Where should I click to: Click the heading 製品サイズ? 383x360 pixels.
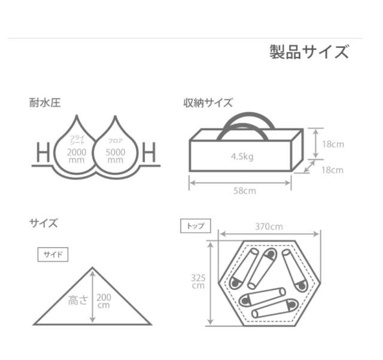(309, 52)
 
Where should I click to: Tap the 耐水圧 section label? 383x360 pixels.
(45, 102)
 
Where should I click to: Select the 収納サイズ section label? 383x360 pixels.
(208, 103)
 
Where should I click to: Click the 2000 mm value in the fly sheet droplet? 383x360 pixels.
(77, 156)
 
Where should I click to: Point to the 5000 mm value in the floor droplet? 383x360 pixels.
(115, 156)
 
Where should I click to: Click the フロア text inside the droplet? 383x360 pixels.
(115, 141)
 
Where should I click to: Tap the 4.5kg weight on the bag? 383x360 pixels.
(242, 157)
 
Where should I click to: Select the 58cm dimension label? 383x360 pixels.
(245, 191)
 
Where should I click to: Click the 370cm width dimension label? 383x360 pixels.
(269, 227)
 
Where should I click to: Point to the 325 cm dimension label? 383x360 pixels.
(198, 282)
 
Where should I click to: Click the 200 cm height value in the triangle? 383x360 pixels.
(104, 301)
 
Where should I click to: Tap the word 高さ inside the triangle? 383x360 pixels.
(78, 300)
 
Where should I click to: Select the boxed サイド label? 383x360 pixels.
(53, 255)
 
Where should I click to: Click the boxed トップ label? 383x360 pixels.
(196, 226)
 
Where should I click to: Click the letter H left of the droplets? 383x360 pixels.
(43, 152)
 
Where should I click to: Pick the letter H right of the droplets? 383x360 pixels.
(149, 152)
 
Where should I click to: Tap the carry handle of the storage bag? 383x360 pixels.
(249, 116)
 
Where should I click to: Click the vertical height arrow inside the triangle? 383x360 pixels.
(92, 297)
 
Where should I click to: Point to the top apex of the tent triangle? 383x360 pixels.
(92, 267)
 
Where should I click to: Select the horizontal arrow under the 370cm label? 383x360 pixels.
(269, 234)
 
